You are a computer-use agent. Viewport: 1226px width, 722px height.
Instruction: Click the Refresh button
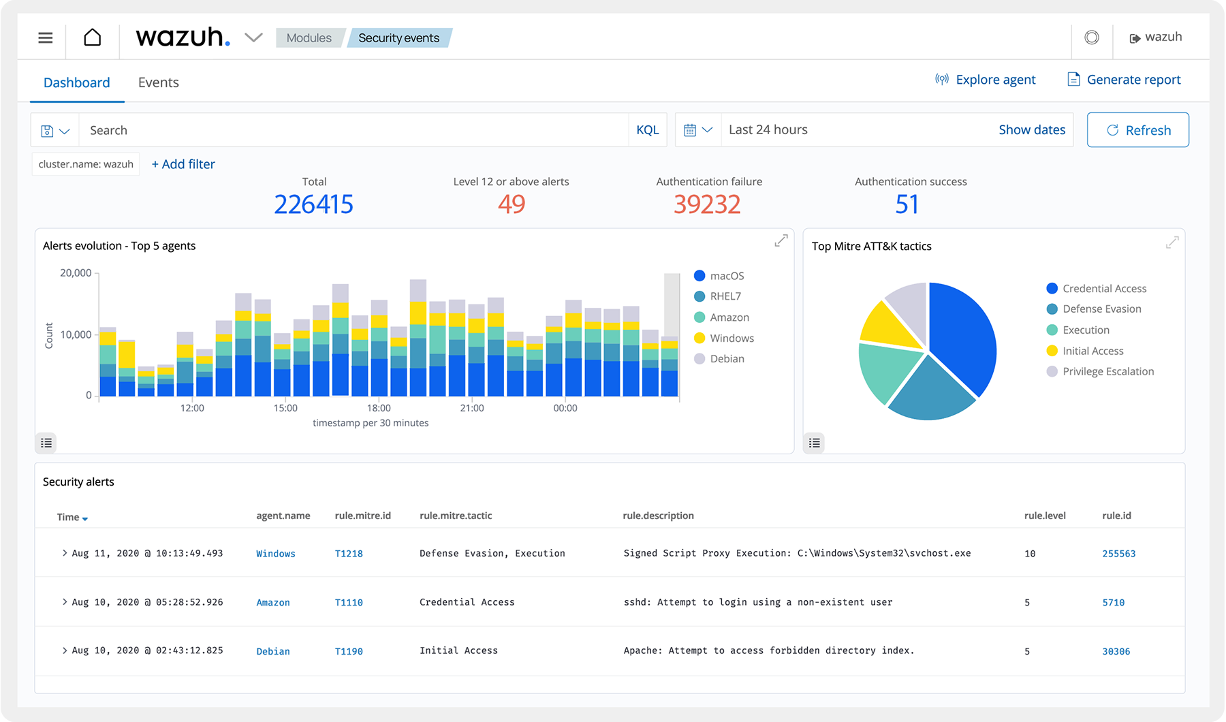pyautogui.click(x=1137, y=130)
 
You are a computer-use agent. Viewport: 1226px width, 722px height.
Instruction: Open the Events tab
pyautogui.click(x=158, y=82)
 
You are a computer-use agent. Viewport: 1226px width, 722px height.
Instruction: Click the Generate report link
pyautogui.click(x=1124, y=80)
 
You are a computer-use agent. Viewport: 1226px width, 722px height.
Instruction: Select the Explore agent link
pyautogui.click(x=986, y=80)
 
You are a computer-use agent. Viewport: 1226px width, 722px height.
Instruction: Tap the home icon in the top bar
pyautogui.click(x=93, y=37)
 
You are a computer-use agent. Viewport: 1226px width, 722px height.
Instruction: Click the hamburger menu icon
pyautogui.click(x=46, y=37)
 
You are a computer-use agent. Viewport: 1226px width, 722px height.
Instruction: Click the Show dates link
pyautogui.click(x=1031, y=130)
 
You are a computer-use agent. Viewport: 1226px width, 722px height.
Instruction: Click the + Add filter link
pyautogui.click(x=183, y=164)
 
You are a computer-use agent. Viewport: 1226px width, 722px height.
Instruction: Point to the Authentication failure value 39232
pyautogui.click(x=706, y=204)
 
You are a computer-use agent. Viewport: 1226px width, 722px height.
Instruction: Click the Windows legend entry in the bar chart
pyautogui.click(x=731, y=339)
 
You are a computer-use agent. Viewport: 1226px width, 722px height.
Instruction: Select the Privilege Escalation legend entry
pyautogui.click(x=1107, y=372)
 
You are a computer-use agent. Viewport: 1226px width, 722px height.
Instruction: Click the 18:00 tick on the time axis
pyautogui.click(x=379, y=408)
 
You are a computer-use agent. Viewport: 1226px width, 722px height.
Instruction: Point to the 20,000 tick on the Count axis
pyautogui.click(x=76, y=273)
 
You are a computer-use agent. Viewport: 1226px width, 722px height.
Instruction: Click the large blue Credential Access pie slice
pyautogui.click(x=964, y=334)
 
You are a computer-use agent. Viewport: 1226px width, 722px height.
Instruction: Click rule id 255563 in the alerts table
pyautogui.click(x=1118, y=554)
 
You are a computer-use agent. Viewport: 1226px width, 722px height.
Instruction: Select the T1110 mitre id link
pyautogui.click(x=349, y=603)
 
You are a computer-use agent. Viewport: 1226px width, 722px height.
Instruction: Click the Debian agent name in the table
pyautogui.click(x=273, y=652)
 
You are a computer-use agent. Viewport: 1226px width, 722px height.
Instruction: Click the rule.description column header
pyautogui.click(x=658, y=516)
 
